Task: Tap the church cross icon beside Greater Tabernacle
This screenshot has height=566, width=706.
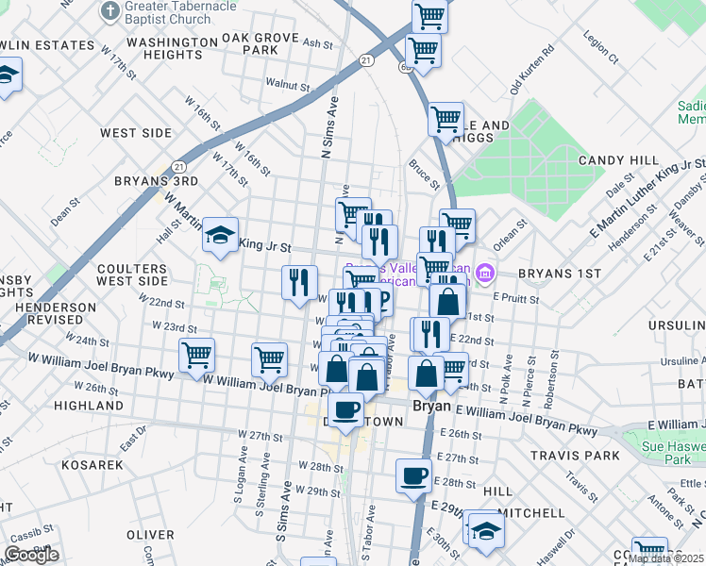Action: click(110, 12)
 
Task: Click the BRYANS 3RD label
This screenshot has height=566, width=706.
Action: click(156, 180)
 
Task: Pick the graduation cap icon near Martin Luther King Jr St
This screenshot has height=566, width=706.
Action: click(220, 236)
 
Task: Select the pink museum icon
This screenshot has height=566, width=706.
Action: click(485, 275)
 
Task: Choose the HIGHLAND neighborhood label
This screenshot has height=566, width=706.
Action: click(89, 406)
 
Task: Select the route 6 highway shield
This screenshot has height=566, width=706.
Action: click(405, 67)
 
